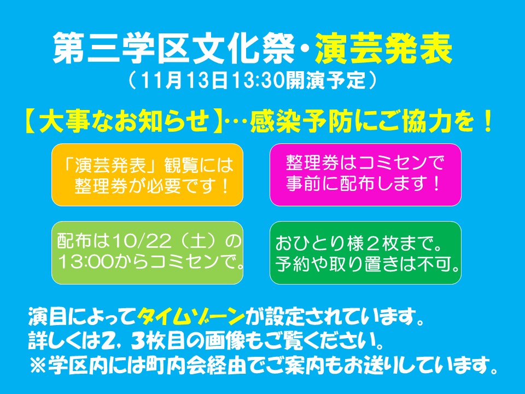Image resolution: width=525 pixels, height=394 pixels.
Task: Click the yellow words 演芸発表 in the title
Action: [384, 50]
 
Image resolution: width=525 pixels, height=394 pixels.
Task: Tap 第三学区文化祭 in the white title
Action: [174, 50]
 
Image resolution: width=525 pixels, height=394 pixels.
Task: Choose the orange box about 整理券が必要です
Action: [147, 175]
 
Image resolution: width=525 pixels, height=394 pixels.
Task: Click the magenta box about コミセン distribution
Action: [366, 175]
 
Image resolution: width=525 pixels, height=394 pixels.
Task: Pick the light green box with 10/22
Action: [147, 253]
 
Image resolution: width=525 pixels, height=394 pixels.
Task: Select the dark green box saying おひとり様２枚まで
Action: [366, 253]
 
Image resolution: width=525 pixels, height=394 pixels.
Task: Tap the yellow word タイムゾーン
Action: [191, 316]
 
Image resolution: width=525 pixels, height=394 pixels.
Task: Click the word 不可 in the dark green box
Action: [433, 265]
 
